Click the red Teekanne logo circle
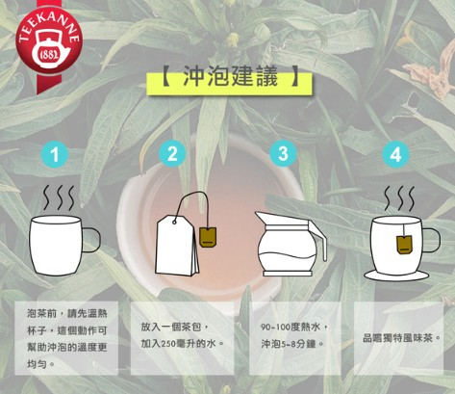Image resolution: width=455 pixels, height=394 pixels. pos(49,41)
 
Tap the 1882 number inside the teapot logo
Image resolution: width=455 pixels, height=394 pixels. pos(49,55)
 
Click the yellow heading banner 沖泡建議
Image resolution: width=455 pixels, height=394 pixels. pos(229,84)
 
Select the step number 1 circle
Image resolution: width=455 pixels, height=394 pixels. pos(55,154)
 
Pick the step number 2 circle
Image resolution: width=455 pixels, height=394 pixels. pos(172,153)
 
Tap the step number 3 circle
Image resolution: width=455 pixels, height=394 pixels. pos(283,153)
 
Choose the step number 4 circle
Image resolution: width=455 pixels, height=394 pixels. pos(395,154)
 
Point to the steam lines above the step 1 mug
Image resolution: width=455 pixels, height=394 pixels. pos(59,197)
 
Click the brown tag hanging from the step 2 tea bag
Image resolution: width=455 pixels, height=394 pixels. pos(208,237)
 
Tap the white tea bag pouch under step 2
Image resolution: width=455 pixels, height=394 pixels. pos(177,246)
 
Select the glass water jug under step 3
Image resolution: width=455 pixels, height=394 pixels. pos(291,244)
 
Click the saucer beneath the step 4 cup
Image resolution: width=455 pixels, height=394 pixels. pos(395,276)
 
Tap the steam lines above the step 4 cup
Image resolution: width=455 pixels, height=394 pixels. pos(399,198)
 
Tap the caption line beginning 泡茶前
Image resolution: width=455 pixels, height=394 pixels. pos(66,314)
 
